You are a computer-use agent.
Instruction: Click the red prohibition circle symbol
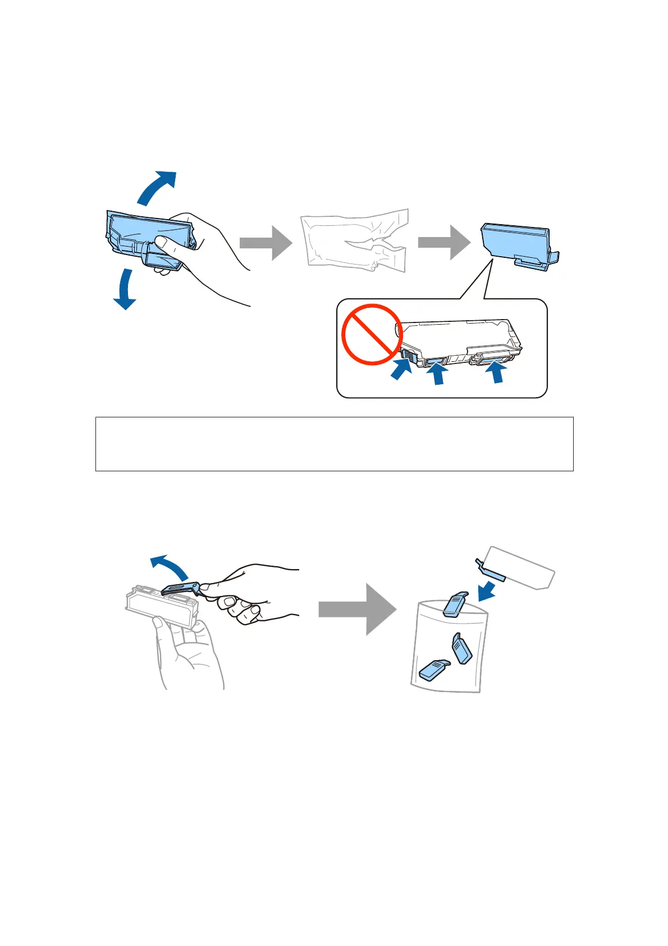tap(372, 334)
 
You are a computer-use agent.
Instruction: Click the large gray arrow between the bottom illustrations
tap(357, 609)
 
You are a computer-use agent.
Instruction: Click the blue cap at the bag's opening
tap(455, 603)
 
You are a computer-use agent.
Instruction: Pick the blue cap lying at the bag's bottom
tap(434, 670)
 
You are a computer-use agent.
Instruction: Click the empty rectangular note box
tap(334, 444)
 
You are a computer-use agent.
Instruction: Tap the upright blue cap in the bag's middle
tap(461, 649)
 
